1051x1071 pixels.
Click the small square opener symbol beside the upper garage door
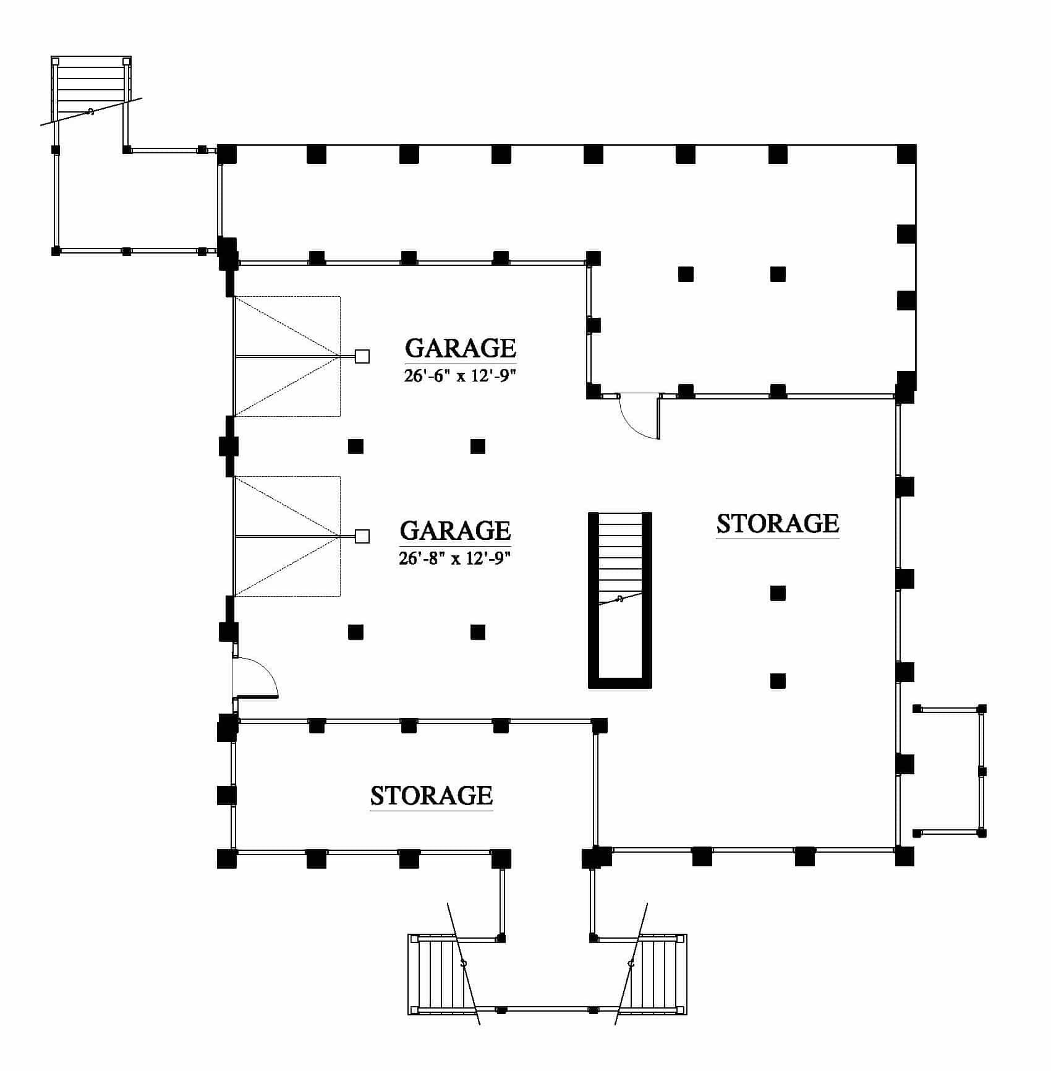click(362, 356)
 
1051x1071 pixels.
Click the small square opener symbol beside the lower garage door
click(362, 536)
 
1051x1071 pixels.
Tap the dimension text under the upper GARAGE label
click(460, 375)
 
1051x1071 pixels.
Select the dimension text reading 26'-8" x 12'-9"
click(455, 558)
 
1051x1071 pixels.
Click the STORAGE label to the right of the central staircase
click(778, 523)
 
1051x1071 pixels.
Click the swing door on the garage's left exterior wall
click(255, 678)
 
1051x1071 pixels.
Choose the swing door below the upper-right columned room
click(640, 416)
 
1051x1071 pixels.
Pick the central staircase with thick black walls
click(620, 600)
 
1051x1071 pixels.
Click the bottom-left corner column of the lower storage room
click(227, 859)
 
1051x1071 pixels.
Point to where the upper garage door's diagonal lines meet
click(340, 356)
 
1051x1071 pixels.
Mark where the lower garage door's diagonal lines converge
click(340, 536)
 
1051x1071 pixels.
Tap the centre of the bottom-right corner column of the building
click(904, 856)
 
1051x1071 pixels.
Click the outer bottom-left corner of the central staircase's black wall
click(588, 688)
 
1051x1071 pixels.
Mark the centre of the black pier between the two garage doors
click(229, 446)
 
